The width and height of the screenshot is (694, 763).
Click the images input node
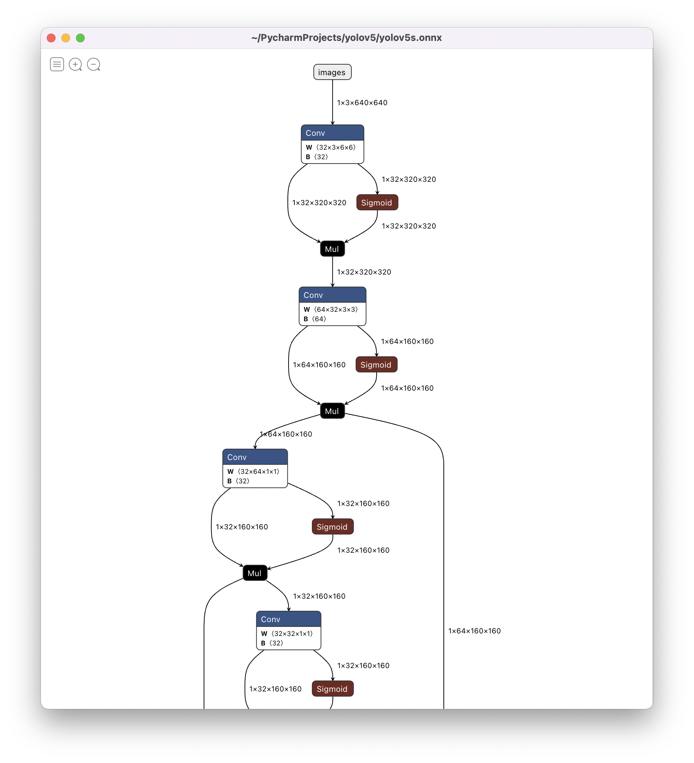click(332, 72)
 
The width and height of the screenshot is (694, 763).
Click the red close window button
click(51, 38)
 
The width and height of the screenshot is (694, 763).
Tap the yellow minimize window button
click(65, 38)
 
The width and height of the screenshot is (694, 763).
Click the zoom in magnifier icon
click(75, 64)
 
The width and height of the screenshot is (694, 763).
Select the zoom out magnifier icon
click(94, 64)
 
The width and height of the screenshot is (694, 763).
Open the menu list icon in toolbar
click(57, 64)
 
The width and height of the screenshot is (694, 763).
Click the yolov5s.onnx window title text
click(346, 38)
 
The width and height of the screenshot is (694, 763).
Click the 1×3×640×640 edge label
click(362, 103)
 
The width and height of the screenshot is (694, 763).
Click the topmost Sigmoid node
click(377, 203)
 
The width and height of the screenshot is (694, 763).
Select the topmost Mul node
click(332, 249)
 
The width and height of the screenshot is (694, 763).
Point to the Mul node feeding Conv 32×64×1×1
click(332, 411)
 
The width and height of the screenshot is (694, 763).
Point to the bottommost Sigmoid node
click(332, 689)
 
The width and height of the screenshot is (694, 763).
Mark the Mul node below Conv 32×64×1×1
click(255, 573)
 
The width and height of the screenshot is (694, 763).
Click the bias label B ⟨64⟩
click(314, 319)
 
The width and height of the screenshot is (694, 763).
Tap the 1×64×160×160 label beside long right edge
click(474, 631)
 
